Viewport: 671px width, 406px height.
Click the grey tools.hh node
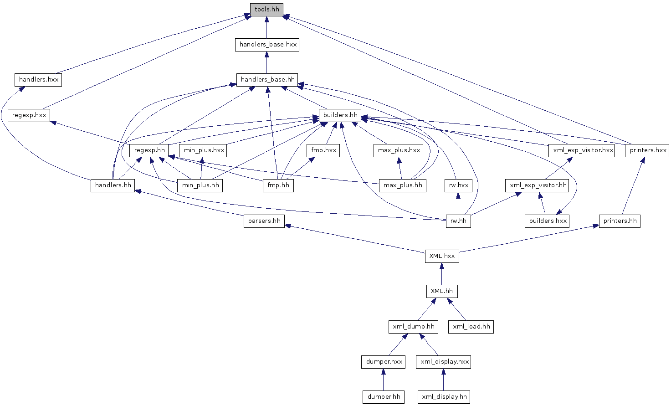pyautogui.click(x=266, y=10)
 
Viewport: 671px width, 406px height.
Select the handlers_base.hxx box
pyautogui.click(x=267, y=45)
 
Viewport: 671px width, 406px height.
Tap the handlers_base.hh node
pyautogui.click(x=267, y=80)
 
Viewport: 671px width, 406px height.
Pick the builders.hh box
pyautogui.click(x=340, y=115)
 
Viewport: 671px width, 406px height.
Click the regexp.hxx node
pyautogui.click(x=29, y=115)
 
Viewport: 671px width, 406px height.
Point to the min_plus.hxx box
pyautogui.click(x=204, y=150)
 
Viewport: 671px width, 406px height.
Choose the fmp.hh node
pyautogui.click(x=278, y=185)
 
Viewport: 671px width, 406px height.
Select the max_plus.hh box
pyautogui.click(x=402, y=185)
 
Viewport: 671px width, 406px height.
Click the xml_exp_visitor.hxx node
pyautogui.click(x=583, y=150)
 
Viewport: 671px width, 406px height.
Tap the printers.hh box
pyautogui.click(x=620, y=221)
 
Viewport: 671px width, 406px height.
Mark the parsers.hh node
pyautogui.click(x=264, y=221)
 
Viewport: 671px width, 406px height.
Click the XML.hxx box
pyautogui.click(x=442, y=256)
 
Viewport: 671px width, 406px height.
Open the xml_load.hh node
pyautogui.click(x=471, y=327)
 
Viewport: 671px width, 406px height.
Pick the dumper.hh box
pyautogui.click(x=384, y=397)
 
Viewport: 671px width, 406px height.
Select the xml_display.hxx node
pyautogui.click(x=444, y=362)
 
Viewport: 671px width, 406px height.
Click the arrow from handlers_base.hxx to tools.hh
pyautogui.click(x=266, y=27)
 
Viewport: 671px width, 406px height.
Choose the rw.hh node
pyautogui.click(x=458, y=221)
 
